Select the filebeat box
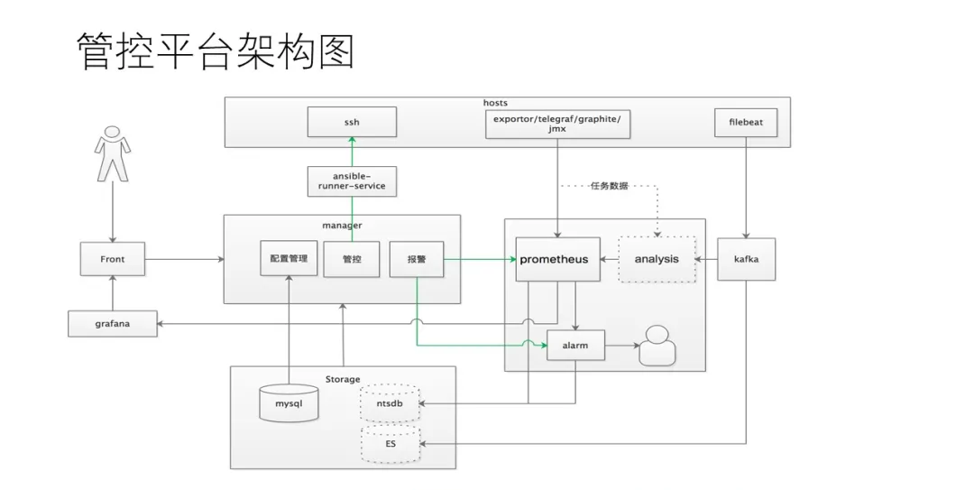tap(745, 123)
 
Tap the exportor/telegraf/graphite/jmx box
tap(557, 123)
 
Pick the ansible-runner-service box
tap(352, 180)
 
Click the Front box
tap(113, 259)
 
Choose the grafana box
tap(113, 323)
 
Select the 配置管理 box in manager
tap(289, 259)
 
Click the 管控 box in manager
tap(352, 259)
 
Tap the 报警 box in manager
tap(416, 259)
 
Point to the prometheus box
tap(554, 259)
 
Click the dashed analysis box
tap(656, 259)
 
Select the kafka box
tap(746, 259)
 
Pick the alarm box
tap(575, 346)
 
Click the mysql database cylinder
tap(289, 403)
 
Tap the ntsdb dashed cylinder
tap(391, 403)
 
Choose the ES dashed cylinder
tap(391, 445)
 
